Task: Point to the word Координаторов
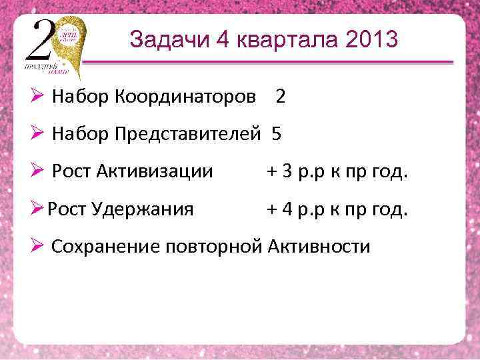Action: tap(187, 97)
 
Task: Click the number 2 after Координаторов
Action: tap(281, 97)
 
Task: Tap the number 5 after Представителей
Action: tap(277, 135)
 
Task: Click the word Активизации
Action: tap(157, 172)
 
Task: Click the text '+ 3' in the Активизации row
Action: tap(279, 172)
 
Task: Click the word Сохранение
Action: tap(105, 247)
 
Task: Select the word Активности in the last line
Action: tap(319, 247)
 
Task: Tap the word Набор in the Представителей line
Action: tap(81, 135)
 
